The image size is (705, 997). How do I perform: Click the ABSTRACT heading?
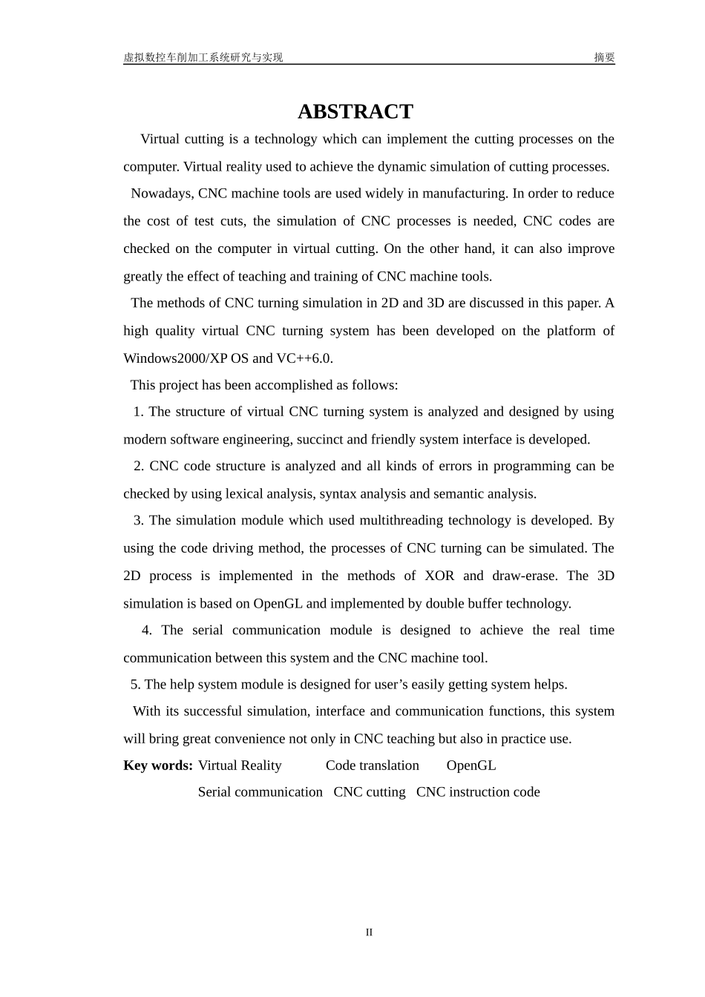pos(355,111)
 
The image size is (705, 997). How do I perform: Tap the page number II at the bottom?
pos(369,932)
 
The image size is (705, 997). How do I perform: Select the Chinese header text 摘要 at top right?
pos(604,57)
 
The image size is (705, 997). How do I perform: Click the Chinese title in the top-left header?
pos(203,57)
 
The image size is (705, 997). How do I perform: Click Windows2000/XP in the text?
pos(175,358)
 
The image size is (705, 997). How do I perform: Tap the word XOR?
pos(439,576)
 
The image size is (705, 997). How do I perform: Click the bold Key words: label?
pos(158,766)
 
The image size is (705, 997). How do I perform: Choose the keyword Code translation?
pos(372,766)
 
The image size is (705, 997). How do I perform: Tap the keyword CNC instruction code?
pos(478,792)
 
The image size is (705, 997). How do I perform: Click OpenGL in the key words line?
pos(470,766)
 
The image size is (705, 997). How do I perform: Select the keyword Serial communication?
pos(260,792)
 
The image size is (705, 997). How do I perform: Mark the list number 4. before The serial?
pos(146,631)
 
